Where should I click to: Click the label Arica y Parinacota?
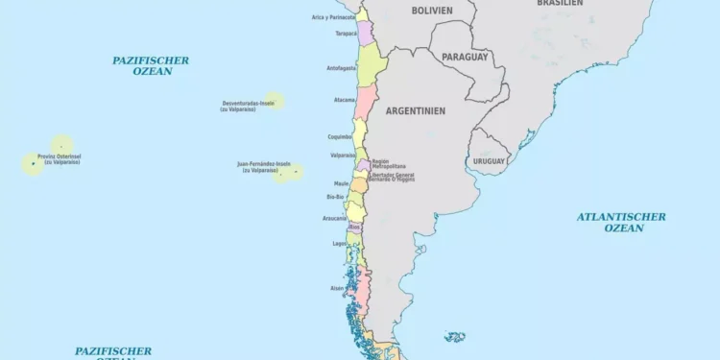pyautogui.click(x=333, y=16)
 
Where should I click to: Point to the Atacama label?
pyautogui.click(x=344, y=100)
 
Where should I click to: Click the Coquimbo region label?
pyautogui.click(x=340, y=136)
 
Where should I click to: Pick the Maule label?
pyautogui.click(x=341, y=182)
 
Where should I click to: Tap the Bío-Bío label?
pyautogui.click(x=335, y=197)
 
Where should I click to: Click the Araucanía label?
pyautogui.click(x=334, y=218)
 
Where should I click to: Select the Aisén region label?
pyautogui.click(x=337, y=287)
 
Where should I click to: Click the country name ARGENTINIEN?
pyautogui.click(x=415, y=110)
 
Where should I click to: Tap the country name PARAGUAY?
pyautogui.click(x=465, y=58)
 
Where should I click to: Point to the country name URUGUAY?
pyautogui.click(x=489, y=161)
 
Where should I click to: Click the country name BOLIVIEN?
pyautogui.click(x=432, y=11)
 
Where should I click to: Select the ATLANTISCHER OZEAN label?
pyautogui.click(x=622, y=222)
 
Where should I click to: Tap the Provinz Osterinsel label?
pyautogui.click(x=59, y=158)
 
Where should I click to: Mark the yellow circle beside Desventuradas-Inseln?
pyautogui.click(x=275, y=101)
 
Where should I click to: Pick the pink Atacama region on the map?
pyautogui.click(x=365, y=102)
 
